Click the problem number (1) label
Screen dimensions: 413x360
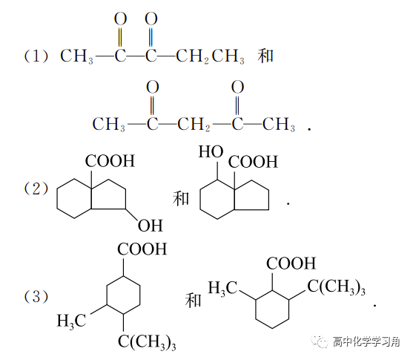(36, 56)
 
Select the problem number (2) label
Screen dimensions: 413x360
(36, 189)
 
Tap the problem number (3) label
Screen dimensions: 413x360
(36, 296)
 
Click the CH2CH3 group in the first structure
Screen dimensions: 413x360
(210, 56)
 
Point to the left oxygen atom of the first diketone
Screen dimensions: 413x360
(120, 19)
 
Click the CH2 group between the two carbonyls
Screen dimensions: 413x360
(194, 124)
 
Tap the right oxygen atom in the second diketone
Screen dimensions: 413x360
(237, 87)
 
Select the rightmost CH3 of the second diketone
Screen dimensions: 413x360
(279, 124)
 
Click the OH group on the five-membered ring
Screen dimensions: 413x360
(151, 226)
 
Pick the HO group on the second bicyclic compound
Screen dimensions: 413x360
(211, 152)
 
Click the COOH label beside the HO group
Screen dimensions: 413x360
(253, 162)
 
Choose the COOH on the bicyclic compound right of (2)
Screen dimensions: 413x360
(110, 161)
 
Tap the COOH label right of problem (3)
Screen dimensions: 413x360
(142, 249)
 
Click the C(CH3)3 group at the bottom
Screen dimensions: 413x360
(147, 342)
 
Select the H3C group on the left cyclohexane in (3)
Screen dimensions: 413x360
(71, 321)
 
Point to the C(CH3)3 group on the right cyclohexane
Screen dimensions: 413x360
(337, 287)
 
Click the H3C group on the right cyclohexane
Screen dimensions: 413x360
(223, 288)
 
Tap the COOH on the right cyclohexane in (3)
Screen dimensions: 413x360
(291, 264)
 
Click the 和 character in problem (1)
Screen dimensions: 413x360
(265, 56)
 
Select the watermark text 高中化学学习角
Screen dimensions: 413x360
(366, 341)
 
